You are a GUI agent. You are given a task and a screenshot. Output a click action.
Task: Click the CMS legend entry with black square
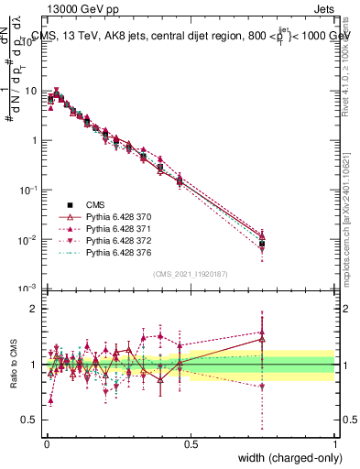pyautogui.click(x=94, y=203)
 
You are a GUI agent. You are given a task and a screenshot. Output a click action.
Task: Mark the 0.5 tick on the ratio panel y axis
pyautogui.click(x=32, y=420)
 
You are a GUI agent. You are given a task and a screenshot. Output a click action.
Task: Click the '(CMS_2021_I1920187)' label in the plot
pyautogui.click(x=190, y=274)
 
